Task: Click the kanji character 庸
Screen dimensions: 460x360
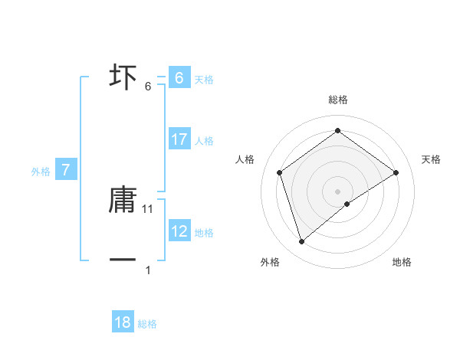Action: [123, 199]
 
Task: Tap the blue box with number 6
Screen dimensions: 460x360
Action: [179, 78]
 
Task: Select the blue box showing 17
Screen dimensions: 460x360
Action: [179, 139]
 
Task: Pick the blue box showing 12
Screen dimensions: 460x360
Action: [179, 231]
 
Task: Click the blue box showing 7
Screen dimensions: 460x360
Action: [66, 170]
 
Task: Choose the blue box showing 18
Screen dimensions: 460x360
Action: [123, 322]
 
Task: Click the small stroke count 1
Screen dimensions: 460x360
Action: [148, 270]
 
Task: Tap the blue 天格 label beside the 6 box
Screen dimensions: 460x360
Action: [204, 79]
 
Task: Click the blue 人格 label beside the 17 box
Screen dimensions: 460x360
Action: [204, 140]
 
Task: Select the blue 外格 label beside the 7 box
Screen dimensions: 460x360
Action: [41, 172]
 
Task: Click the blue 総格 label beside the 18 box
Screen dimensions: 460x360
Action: [147, 324]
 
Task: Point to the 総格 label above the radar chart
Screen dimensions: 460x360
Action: [337, 100]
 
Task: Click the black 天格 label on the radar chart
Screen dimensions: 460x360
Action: [431, 159]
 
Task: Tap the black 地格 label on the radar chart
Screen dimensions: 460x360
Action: [402, 263]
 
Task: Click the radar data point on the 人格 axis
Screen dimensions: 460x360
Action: [279, 172]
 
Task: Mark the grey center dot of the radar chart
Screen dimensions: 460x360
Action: [337, 191]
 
